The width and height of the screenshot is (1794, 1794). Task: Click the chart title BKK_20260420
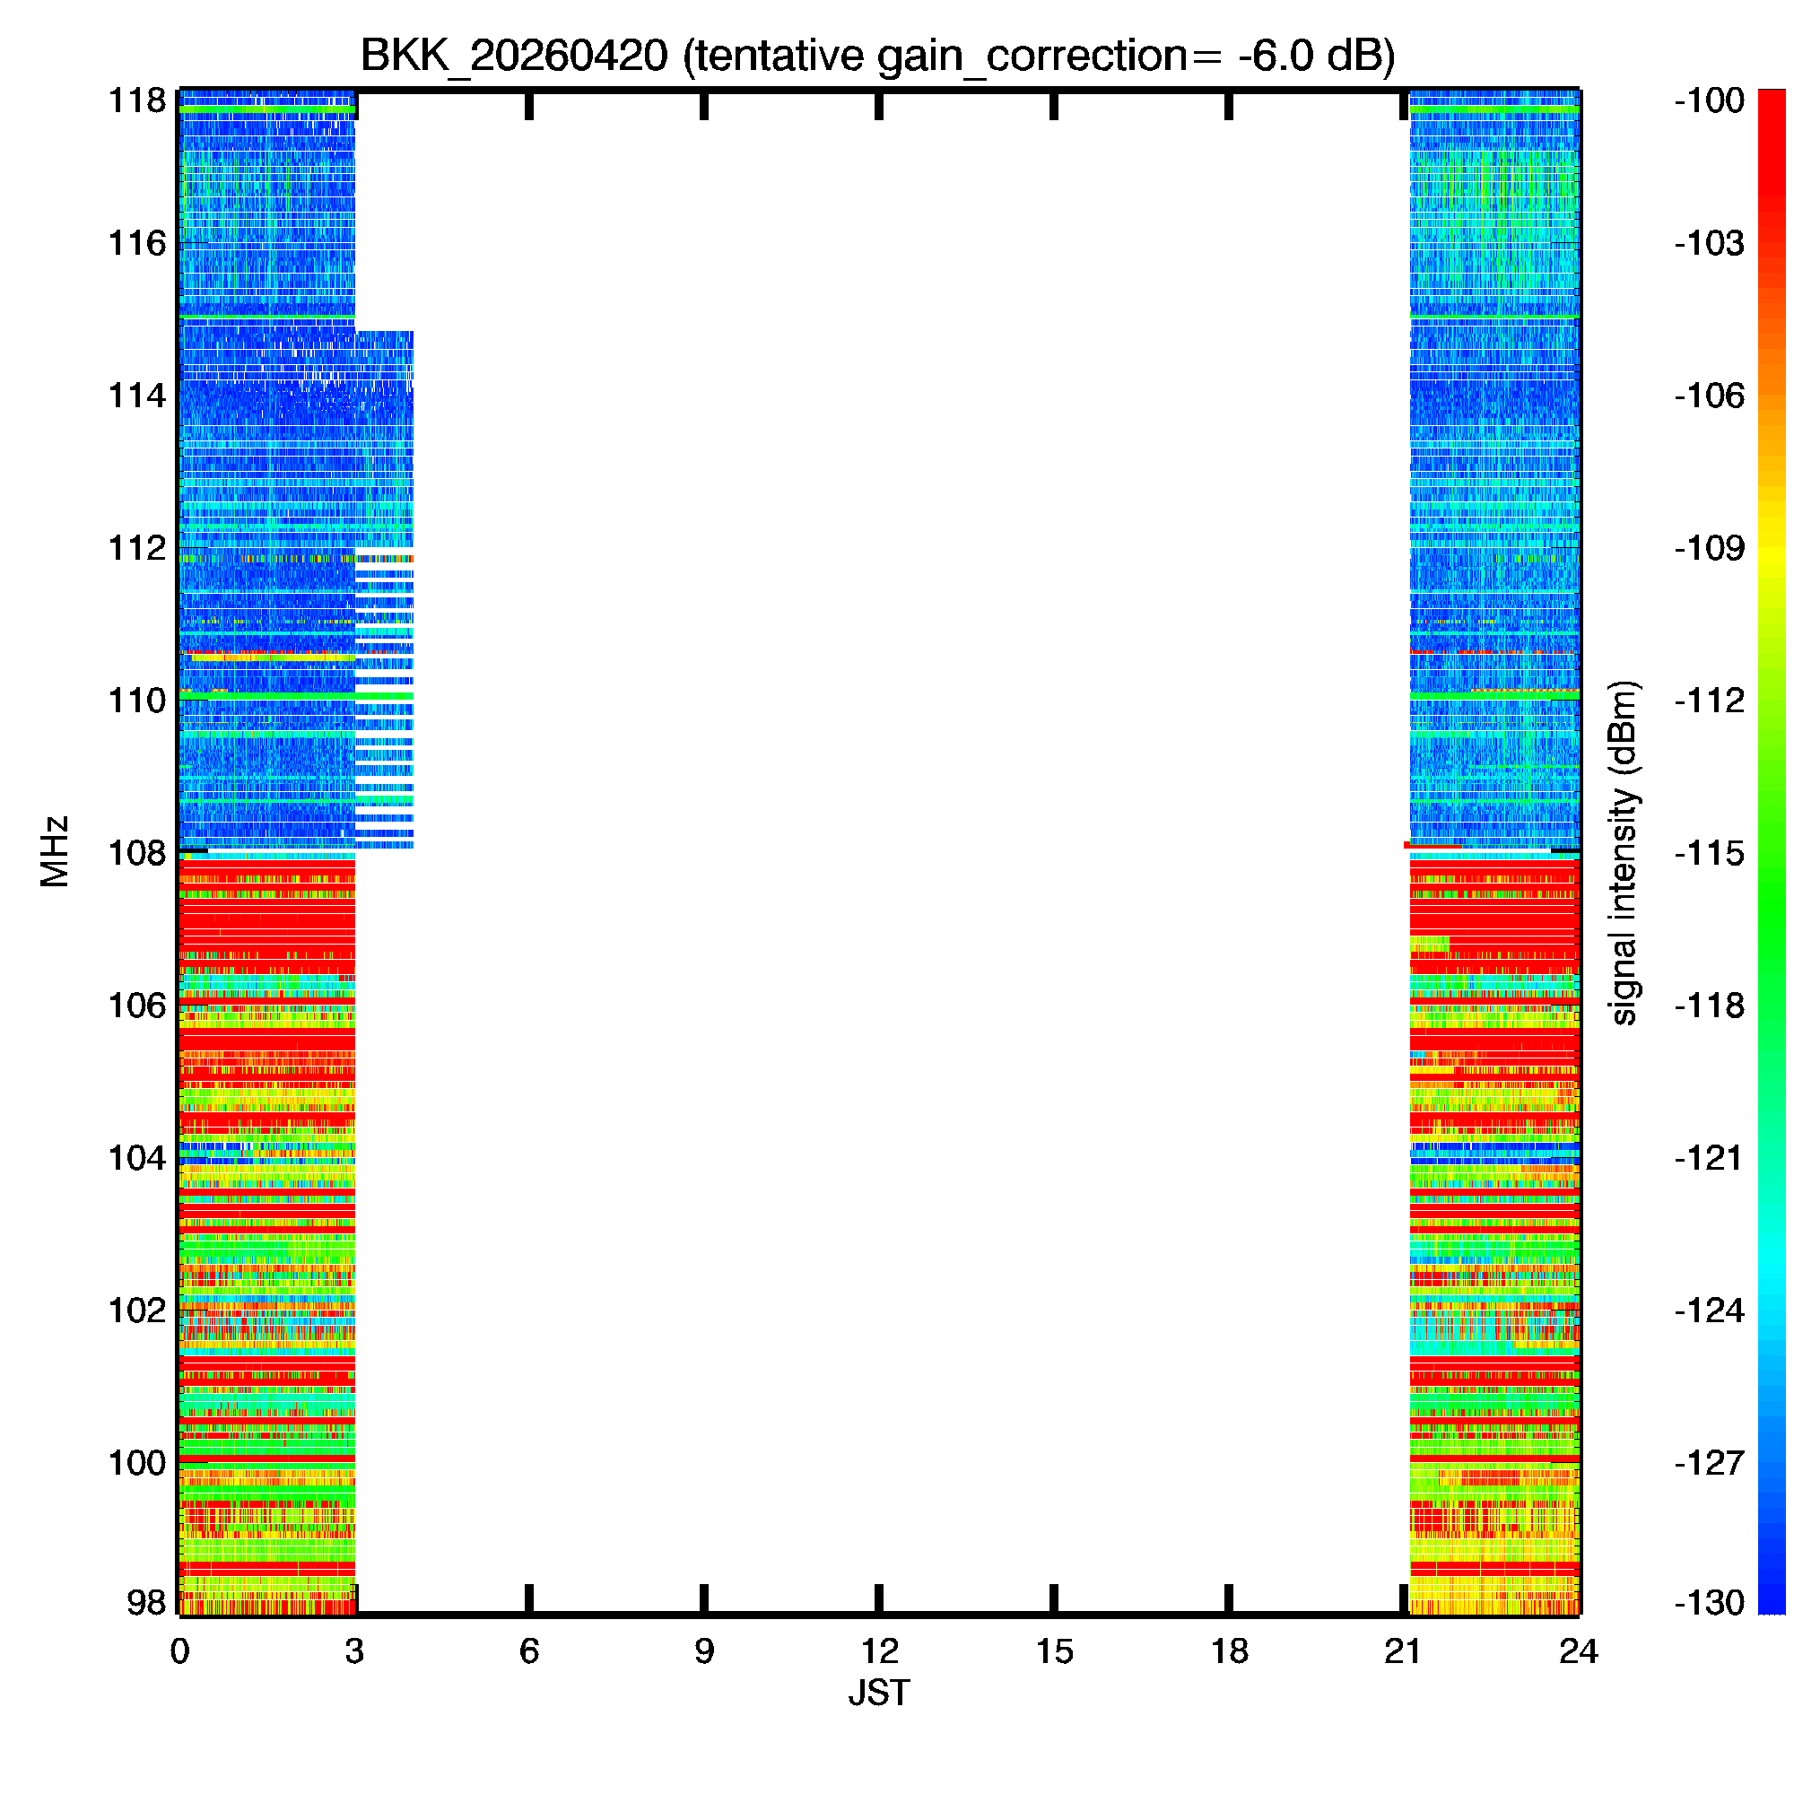pos(513,57)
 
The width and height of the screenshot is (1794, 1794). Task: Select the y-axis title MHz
pos(55,851)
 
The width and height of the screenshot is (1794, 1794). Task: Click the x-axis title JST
pos(878,1693)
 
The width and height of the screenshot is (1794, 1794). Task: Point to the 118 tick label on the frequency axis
pos(137,100)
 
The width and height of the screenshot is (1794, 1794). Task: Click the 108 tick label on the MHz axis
pos(137,852)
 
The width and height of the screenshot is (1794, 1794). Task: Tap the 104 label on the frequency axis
pos(137,1158)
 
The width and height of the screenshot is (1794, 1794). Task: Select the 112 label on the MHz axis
pos(137,548)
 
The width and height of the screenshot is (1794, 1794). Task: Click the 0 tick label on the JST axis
pos(179,1651)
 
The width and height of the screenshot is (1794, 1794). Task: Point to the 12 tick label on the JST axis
pos(878,1651)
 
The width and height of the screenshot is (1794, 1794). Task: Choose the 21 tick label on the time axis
pos(1403,1651)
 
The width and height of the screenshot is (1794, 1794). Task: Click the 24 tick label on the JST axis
pos(1579,1651)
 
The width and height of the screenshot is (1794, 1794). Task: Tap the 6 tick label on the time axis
pos(529,1651)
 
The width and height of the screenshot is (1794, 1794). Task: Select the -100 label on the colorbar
pos(1710,100)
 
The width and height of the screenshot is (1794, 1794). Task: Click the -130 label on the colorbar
pos(1710,1603)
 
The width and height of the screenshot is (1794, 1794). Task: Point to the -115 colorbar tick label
pos(1710,852)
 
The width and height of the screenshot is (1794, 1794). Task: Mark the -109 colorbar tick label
pos(1710,548)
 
